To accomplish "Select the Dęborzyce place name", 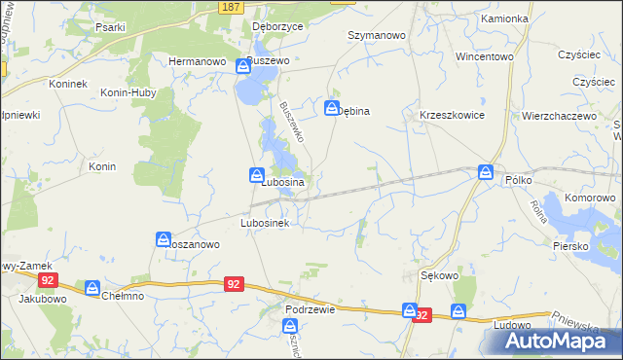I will [x=277, y=27].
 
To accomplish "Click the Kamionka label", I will [x=504, y=18].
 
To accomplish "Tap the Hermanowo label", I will [x=198, y=60].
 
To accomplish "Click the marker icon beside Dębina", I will [x=332, y=108].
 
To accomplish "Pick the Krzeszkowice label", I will [x=452, y=114].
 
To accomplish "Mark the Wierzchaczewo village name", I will [x=559, y=115].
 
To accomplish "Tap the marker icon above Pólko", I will [x=486, y=172].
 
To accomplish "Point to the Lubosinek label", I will [x=267, y=222].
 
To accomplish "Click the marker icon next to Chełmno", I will [x=92, y=288].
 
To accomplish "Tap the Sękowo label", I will [x=439, y=275].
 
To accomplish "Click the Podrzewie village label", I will [x=311, y=308].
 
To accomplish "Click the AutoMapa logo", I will [x=551, y=341].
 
